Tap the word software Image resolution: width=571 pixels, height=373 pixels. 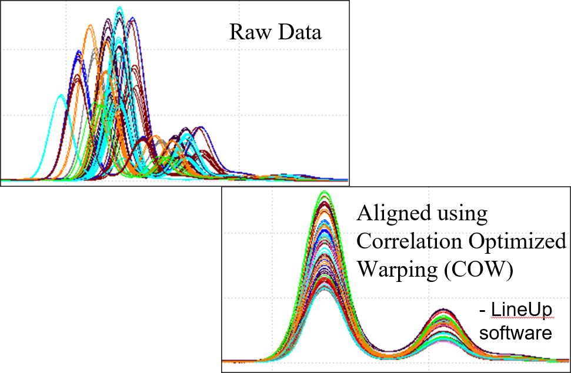516,333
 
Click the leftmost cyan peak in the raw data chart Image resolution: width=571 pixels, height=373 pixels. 59,96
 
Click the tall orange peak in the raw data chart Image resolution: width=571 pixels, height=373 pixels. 90,26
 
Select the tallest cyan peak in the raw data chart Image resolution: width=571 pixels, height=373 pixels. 120,8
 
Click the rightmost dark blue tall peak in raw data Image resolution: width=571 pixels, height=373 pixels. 133,19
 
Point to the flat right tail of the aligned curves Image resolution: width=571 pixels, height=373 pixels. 547,358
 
